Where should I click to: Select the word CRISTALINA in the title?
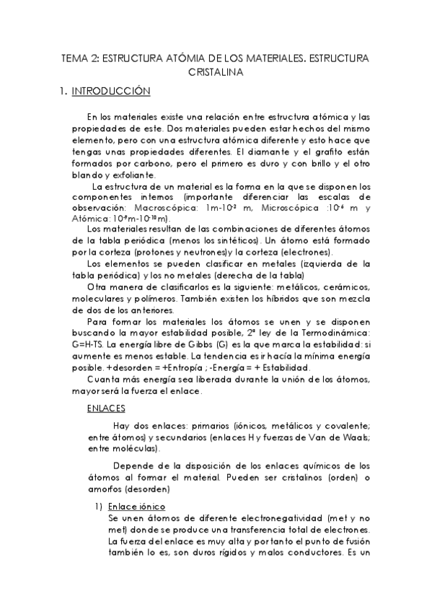pos(216,72)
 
